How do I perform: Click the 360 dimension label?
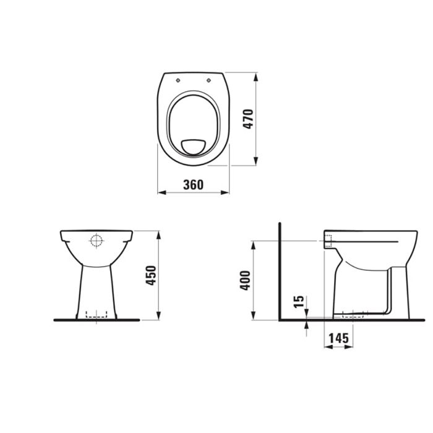(193, 184)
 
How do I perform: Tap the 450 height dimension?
(151, 275)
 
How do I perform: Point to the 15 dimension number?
(298, 302)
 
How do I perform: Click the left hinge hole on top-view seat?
(178, 79)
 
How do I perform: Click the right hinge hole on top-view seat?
(208, 79)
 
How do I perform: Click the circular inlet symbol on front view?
(96, 241)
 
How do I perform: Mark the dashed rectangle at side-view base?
(350, 315)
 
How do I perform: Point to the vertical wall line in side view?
(280, 272)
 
